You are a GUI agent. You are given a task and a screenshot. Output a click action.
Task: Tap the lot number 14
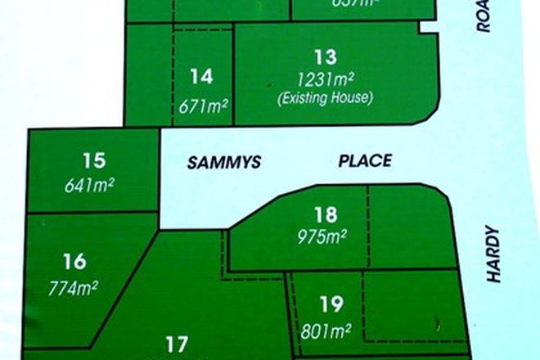201,77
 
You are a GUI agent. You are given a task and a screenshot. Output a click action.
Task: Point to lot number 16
74,262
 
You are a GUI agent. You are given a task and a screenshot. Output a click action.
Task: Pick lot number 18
326,216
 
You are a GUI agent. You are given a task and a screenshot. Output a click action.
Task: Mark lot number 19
330,306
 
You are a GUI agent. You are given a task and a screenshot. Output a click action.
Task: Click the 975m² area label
325,236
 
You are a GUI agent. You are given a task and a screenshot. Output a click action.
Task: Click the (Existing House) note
326,98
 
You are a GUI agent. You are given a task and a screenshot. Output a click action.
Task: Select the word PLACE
365,161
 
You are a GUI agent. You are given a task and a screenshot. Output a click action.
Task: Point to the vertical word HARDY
493,254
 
